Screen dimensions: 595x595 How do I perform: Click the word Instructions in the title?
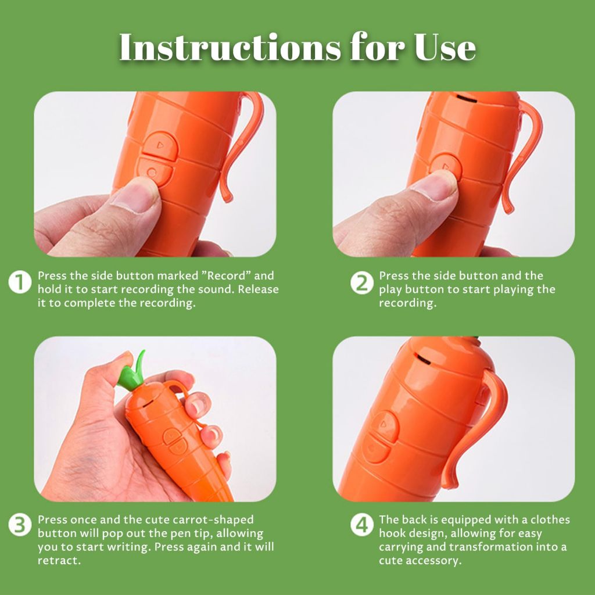point(230,47)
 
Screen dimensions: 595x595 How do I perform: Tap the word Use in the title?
point(445,47)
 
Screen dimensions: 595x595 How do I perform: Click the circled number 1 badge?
point(20,282)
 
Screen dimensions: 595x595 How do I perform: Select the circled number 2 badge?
point(361,282)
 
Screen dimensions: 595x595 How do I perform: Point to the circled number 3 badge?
point(20,525)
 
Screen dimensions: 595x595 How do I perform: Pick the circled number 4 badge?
point(361,525)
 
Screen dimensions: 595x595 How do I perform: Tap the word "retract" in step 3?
point(59,561)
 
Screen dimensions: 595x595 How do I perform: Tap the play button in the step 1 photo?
point(160,145)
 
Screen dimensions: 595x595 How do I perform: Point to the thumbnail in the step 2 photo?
point(436,186)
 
